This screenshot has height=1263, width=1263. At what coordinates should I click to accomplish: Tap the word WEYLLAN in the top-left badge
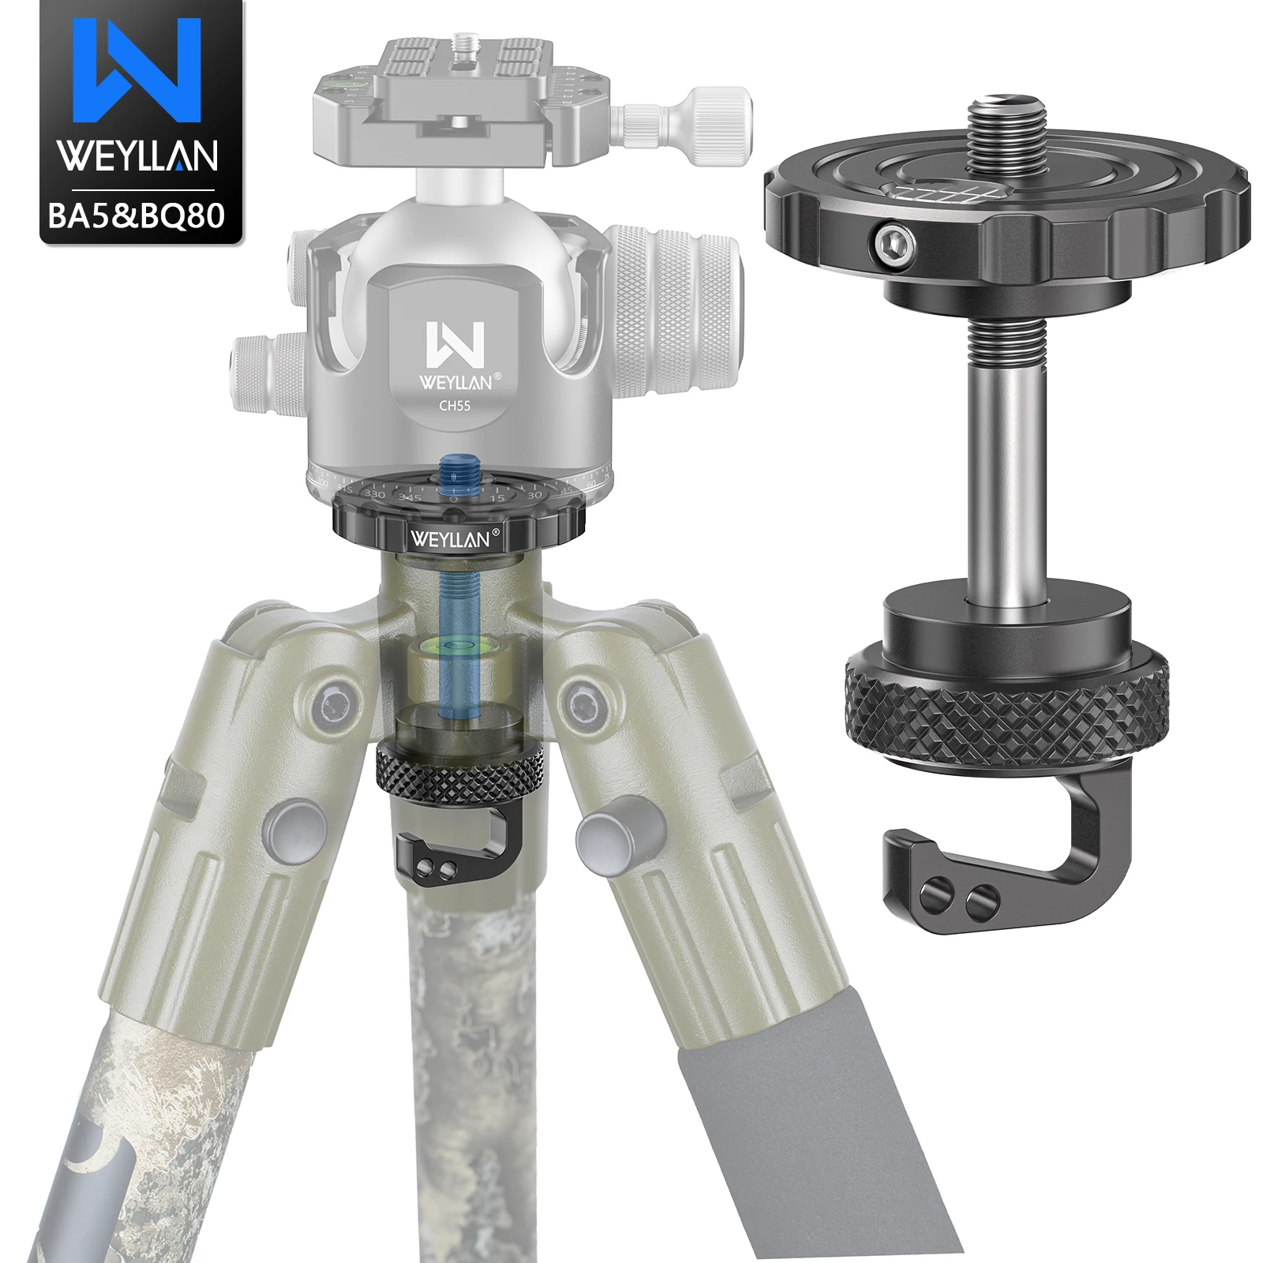139,156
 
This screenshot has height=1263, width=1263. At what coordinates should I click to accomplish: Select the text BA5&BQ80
137,214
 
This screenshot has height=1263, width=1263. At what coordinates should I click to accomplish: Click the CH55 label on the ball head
455,407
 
